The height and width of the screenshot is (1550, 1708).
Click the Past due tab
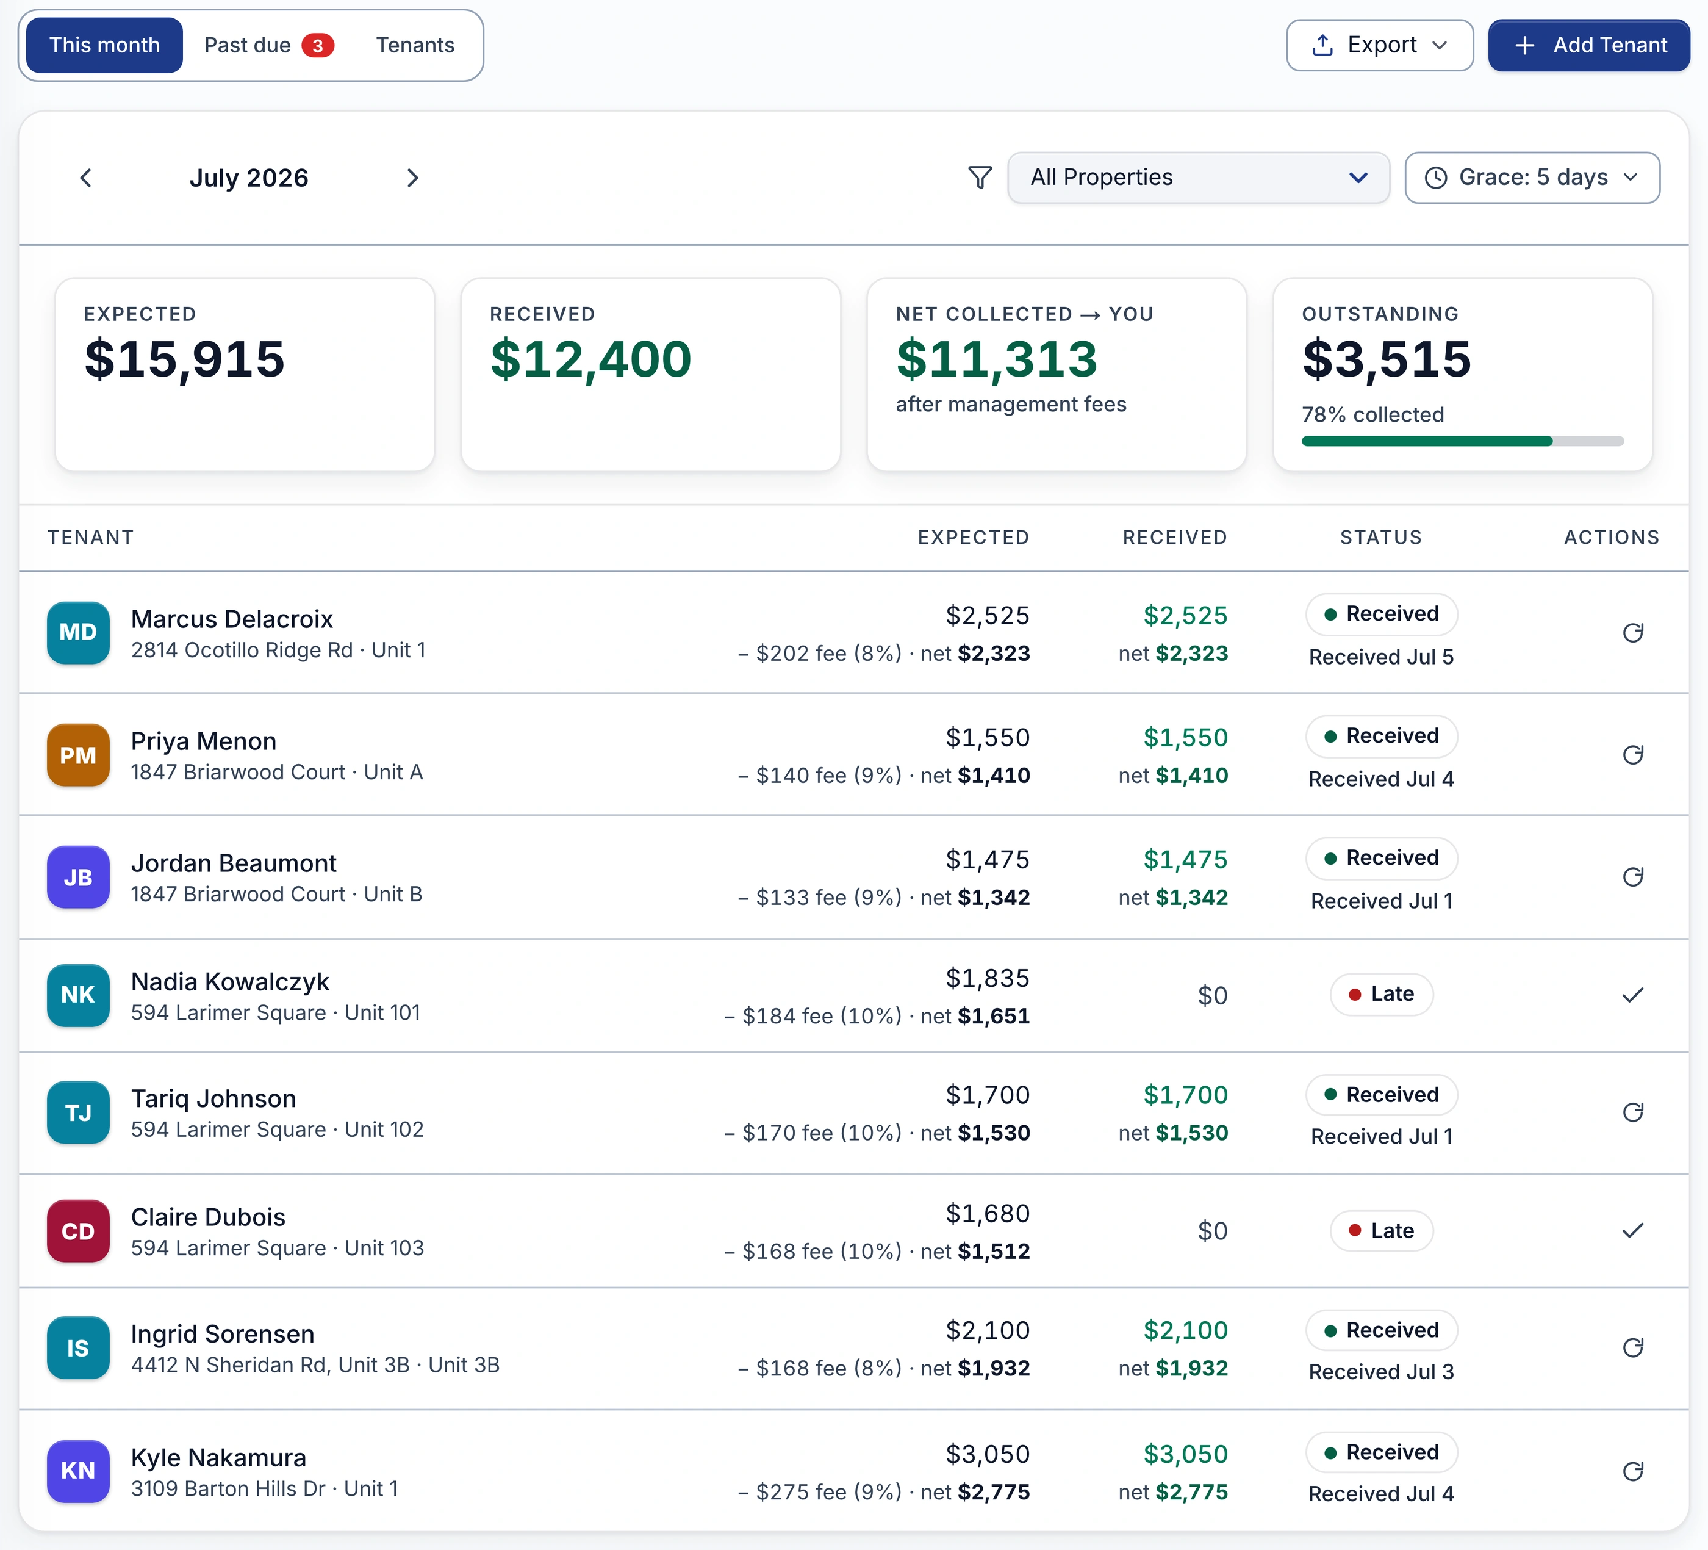click(268, 45)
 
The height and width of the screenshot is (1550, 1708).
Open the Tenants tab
click(415, 45)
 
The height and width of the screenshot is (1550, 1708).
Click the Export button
click(1379, 45)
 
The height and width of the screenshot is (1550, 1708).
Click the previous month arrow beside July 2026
click(85, 178)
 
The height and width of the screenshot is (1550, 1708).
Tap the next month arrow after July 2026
click(412, 178)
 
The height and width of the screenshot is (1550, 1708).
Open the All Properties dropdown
click(1198, 177)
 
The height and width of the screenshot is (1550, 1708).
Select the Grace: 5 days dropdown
click(1532, 177)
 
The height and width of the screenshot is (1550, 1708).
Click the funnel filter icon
click(980, 177)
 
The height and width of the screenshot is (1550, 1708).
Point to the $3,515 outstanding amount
click(1386, 358)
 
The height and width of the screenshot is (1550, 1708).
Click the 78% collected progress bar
click(1462, 441)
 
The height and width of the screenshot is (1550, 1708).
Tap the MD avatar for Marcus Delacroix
click(78, 632)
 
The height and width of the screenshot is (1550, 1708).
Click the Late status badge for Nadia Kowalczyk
click(1381, 994)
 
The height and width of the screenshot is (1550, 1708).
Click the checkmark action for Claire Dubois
click(1632, 1230)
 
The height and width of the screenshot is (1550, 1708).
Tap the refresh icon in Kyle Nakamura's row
click(1632, 1471)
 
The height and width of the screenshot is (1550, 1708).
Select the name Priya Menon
click(203, 741)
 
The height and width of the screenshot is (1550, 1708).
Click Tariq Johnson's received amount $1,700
click(1185, 1095)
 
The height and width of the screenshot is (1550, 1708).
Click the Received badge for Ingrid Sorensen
click(1381, 1330)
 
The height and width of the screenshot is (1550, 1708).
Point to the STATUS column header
click(1381, 537)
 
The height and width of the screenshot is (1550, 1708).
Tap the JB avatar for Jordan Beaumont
click(78, 877)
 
